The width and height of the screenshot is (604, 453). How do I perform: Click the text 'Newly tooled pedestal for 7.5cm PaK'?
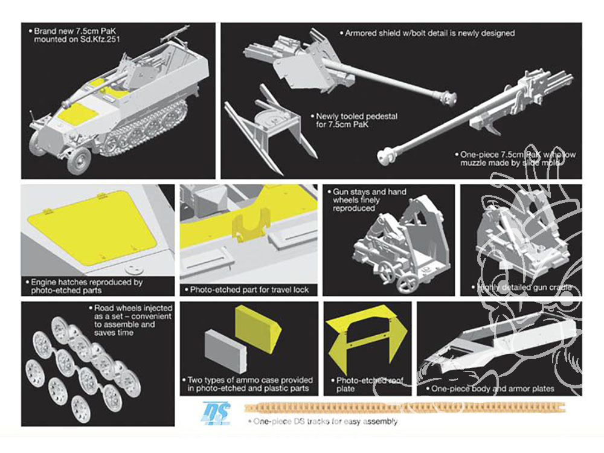pos(356,120)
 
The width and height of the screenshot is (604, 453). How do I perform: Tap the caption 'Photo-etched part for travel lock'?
pos(249,290)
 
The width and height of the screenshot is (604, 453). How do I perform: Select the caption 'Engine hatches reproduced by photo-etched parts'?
pos(83,286)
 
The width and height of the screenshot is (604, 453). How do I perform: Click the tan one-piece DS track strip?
pos(405,408)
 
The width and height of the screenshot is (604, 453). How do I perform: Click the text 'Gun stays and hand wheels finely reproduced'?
pos(369,200)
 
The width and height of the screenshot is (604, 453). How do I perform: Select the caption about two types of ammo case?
pos(249,384)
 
